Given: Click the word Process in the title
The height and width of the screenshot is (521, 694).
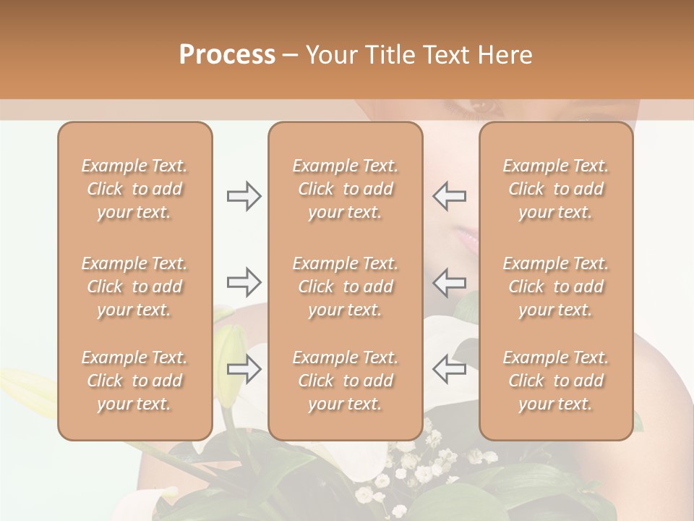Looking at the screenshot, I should pyautogui.click(x=227, y=55).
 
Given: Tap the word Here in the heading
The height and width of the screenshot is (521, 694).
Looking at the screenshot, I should pyautogui.click(x=504, y=55).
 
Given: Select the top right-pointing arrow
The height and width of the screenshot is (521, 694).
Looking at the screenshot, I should pyautogui.click(x=244, y=196).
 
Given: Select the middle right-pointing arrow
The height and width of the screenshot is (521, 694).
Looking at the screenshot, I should pyautogui.click(x=244, y=281).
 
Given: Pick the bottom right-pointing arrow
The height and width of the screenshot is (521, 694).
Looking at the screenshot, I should pyautogui.click(x=244, y=369).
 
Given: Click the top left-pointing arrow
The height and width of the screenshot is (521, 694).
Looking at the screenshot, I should pyautogui.click(x=449, y=196).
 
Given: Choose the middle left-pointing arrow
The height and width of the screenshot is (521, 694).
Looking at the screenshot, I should pyautogui.click(x=449, y=281).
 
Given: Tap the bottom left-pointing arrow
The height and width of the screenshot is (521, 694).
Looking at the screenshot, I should pyautogui.click(x=449, y=369).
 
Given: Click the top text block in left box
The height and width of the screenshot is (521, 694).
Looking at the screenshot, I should pyautogui.click(x=134, y=189).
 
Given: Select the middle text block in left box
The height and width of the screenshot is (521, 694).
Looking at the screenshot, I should pyautogui.click(x=134, y=287).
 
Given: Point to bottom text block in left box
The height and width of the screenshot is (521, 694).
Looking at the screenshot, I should pyautogui.click(x=134, y=381).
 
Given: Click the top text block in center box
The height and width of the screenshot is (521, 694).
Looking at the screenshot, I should pyautogui.click(x=345, y=189).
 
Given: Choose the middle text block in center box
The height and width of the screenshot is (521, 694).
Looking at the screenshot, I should pyautogui.click(x=345, y=287).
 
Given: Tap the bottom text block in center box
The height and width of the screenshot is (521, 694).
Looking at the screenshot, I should pyautogui.click(x=345, y=381).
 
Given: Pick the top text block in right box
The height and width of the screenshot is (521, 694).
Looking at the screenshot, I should pyautogui.click(x=556, y=189).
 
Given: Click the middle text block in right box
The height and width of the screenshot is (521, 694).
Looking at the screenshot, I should pyautogui.click(x=556, y=287).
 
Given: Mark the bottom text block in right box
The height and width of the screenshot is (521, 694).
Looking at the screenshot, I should pyautogui.click(x=556, y=381).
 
